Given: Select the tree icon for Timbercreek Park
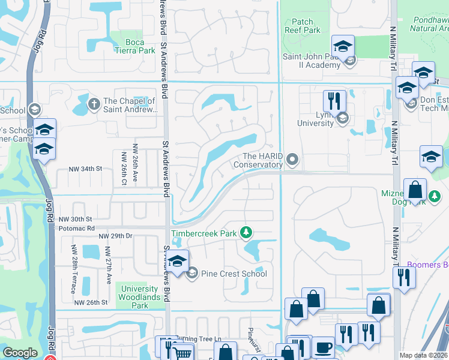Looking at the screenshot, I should pyautogui.click(x=245, y=232).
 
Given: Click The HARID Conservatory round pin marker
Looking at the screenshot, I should pyautogui.click(x=292, y=159).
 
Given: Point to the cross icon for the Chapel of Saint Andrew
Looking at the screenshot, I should pyautogui.click(x=94, y=104).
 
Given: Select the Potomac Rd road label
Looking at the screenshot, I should pyautogui.click(x=74, y=229).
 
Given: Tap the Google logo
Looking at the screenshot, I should pyautogui.click(x=20, y=353).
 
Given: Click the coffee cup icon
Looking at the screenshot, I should pyautogui.click(x=324, y=347).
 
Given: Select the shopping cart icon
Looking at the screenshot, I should pyautogui.click(x=183, y=353).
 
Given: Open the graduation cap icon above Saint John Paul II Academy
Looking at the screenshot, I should pyautogui.click(x=343, y=46).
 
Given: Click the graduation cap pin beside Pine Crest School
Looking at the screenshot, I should pyautogui.click(x=177, y=261).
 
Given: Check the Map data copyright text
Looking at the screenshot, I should pyautogui.click(x=424, y=355).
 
